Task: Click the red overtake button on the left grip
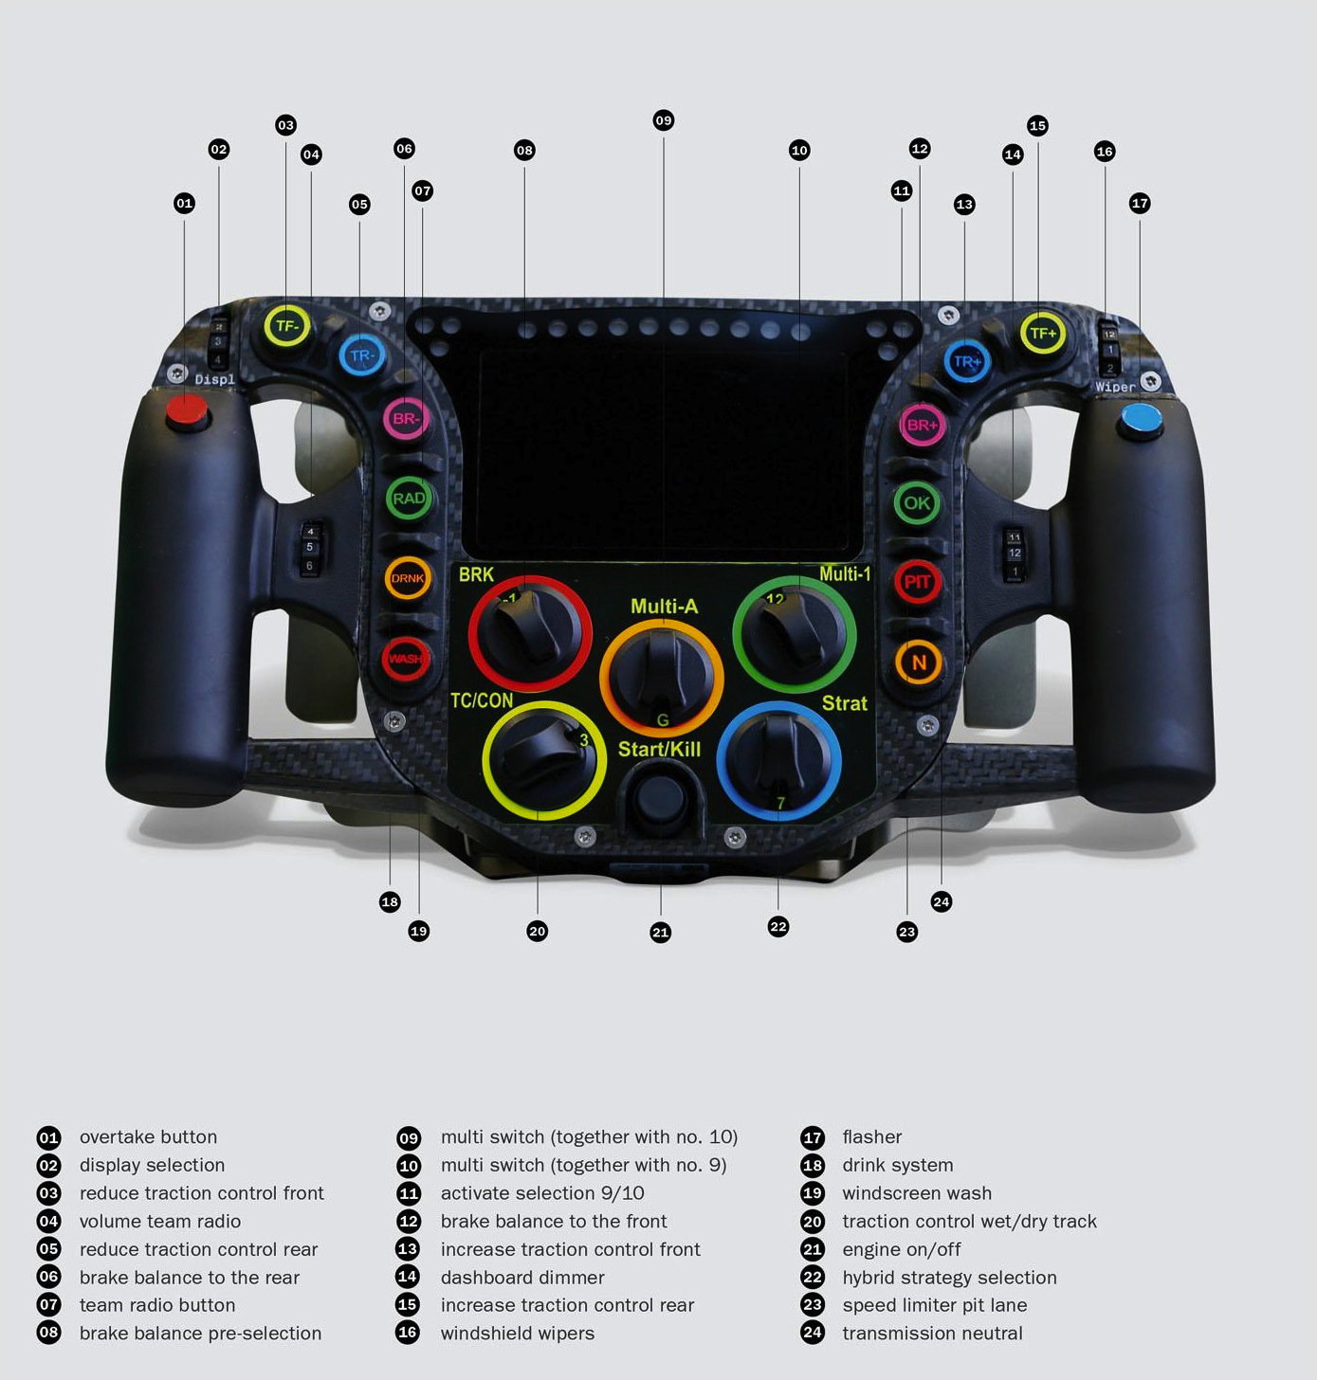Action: point(187,411)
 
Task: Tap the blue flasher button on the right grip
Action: point(1141,418)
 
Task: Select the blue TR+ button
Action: point(966,361)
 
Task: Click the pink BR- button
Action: point(406,418)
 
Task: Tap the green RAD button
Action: point(409,499)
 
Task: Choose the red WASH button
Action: point(405,659)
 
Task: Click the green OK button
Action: point(917,503)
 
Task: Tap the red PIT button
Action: point(917,582)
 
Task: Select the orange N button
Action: point(918,663)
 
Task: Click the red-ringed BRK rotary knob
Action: point(529,632)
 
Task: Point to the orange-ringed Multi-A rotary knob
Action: point(661,675)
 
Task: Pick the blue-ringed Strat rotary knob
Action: point(778,760)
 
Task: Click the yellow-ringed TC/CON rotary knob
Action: point(543,760)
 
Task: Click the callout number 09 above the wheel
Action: point(663,120)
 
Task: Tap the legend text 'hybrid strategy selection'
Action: point(949,1277)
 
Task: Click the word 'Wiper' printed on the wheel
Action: point(1115,387)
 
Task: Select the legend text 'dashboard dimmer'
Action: point(522,1277)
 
